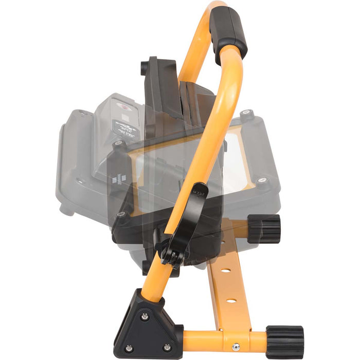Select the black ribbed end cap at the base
tap(284, 341)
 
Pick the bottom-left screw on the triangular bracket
tap(129, 348)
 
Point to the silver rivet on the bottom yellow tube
tap(236, 347)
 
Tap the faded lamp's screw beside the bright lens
tap(263, 180)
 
